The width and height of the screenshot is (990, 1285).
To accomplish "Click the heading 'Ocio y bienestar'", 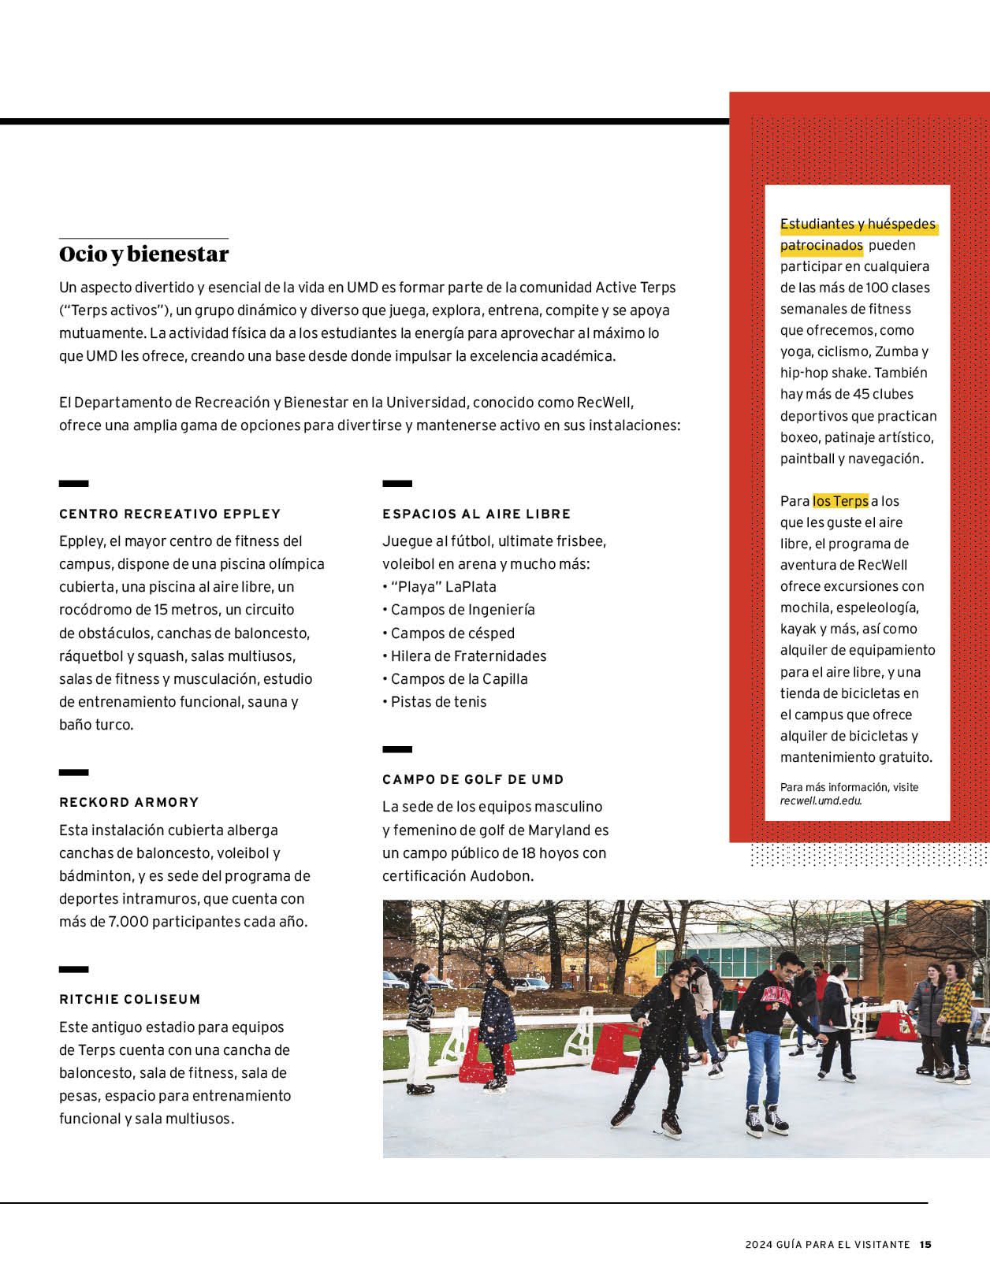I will coord(143,254).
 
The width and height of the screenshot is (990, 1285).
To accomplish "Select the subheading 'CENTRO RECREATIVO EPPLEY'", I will coord(169,514).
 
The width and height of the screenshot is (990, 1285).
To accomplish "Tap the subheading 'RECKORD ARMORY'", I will coord(128,802).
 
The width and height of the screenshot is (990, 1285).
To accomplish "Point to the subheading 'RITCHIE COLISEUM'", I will coord(129,999).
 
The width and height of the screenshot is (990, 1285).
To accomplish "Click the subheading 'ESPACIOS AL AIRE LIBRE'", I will coord(476,514).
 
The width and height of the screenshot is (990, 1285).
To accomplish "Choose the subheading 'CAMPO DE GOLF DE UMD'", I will coord(473,779).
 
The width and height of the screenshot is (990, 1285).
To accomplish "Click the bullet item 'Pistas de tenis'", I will coord(438,702).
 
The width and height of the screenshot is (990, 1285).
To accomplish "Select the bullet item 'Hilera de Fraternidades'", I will coord(468,656).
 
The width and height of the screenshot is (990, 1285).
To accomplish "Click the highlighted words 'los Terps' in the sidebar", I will coord(840,501).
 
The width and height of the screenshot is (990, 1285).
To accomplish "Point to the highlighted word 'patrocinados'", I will coord(821,246).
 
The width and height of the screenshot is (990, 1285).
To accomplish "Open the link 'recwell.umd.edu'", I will coord(821,800).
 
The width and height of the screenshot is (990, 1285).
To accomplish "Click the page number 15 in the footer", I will coord(925,1245).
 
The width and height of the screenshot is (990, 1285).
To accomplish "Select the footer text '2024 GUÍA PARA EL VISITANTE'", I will coord(827,1245).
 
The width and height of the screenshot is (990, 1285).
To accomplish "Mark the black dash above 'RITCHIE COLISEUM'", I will coord(73,970).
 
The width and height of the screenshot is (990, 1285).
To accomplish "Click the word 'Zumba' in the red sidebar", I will coord(896,352).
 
